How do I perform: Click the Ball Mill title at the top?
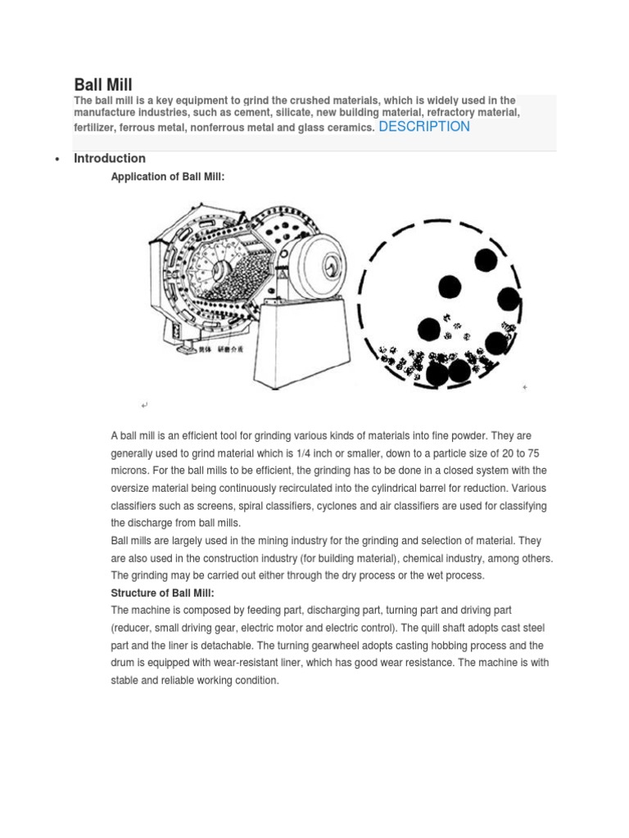tap(103, 84)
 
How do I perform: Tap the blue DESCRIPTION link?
tap(424, 127)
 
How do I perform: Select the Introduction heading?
tap(110, 159)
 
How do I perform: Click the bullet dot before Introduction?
tap(56, 160)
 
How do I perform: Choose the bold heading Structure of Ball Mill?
tap(162, 593)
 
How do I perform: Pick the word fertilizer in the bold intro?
tap(97, 128)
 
